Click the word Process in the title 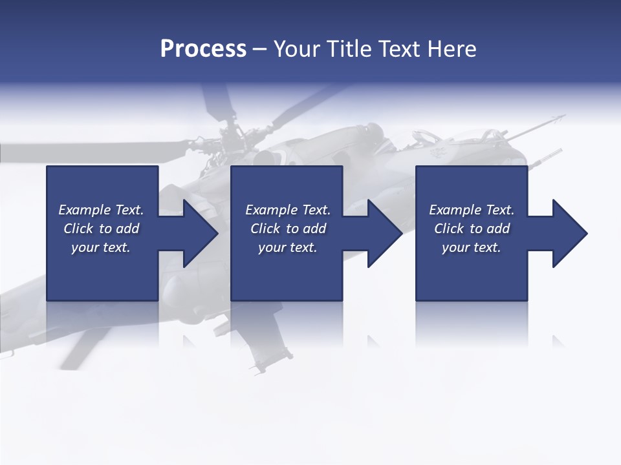pos(203,49)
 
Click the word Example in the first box pos(84,210)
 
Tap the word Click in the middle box pos(265,229)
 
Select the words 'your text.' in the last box pos(472,247)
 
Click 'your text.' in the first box pos(101,247)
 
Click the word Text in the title pos(398,49)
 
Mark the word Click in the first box pos(78,229)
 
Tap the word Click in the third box pos(449,229)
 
